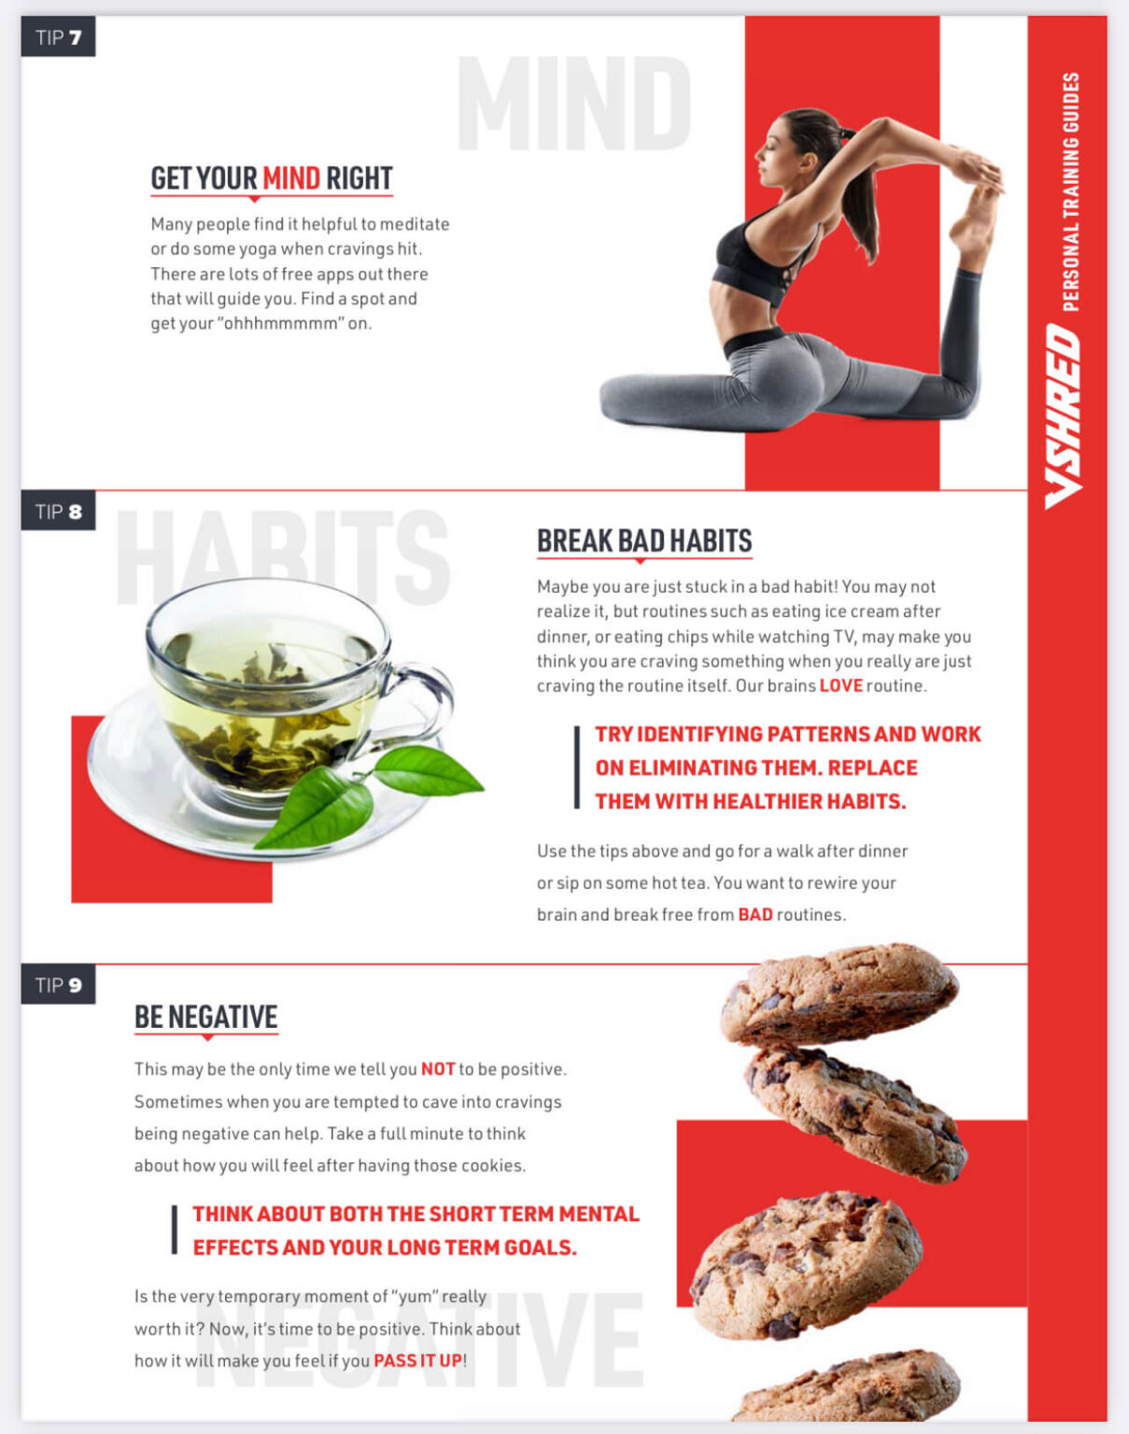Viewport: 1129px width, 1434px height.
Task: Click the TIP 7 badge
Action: pos(58,37)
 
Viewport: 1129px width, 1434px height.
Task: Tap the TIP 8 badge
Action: pos(58,512)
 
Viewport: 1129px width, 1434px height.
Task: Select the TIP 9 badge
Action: pos(58,985)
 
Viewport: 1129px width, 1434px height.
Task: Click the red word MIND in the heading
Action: pos(290,177)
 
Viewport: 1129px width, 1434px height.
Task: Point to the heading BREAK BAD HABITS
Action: pos(644,541)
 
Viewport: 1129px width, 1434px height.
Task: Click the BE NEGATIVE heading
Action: pos(206,1017)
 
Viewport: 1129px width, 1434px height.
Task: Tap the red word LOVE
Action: pos(840,685)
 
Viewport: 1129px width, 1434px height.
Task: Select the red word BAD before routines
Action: pos(755,914)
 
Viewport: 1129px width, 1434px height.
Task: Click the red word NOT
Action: pos(437,1069)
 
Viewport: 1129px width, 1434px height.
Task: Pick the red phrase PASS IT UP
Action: pos(417,1360)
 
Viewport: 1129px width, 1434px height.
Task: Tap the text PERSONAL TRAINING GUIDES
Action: pos(1071,191)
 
